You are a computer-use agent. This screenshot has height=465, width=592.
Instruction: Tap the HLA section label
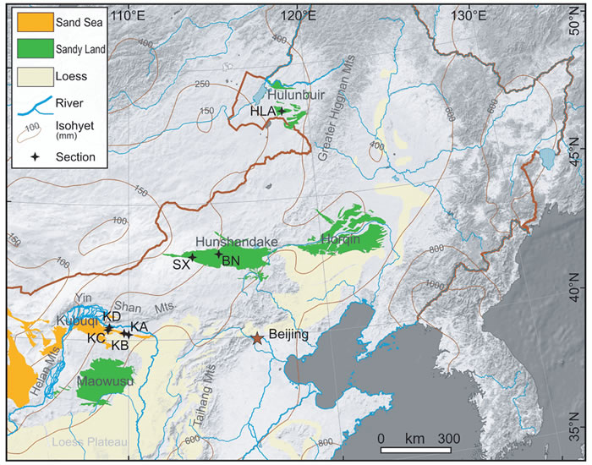[263, 111]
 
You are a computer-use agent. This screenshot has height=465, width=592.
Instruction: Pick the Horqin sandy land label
[340, 239]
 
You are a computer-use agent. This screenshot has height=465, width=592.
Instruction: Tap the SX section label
[180, 265]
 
